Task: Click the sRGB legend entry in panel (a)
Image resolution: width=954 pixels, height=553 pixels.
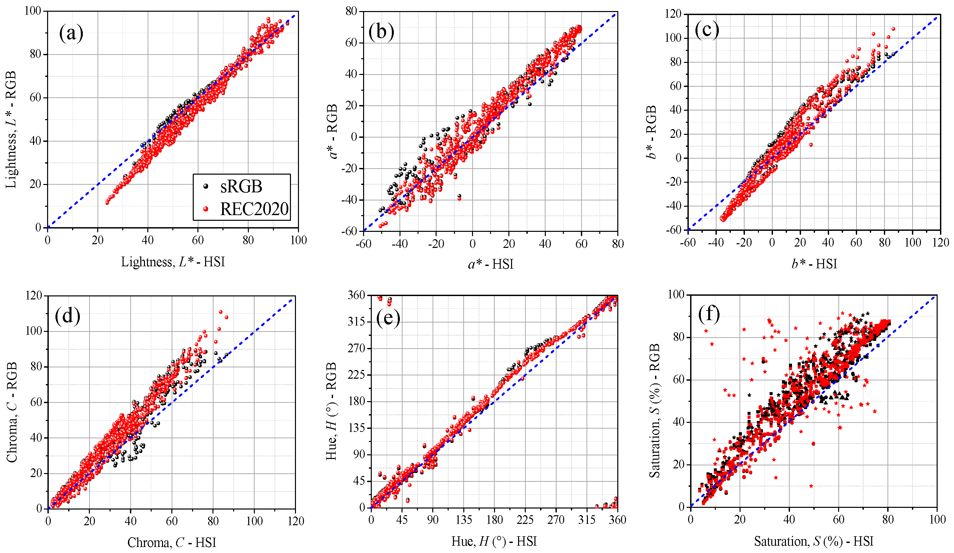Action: (x=241, y=186)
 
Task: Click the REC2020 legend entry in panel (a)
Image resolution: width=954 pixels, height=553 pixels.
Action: (x=254, y=209)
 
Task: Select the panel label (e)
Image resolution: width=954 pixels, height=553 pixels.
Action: (x=388, y=317)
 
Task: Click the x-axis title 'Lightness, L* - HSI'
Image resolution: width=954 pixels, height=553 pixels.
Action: (x=173, y=262)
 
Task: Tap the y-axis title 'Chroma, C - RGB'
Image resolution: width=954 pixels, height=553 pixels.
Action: (x=12, y=412)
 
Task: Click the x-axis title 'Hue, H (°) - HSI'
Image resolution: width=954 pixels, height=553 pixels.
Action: (x=494, y=541)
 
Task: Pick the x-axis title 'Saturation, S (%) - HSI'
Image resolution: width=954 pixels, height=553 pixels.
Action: (x=814, y=541)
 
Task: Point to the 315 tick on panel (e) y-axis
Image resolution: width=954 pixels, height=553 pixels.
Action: (x=356, y=322)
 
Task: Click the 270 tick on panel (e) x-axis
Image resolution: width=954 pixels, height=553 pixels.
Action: (x=556, y=520)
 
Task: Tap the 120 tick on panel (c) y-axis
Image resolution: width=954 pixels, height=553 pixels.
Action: (x=673, y=14)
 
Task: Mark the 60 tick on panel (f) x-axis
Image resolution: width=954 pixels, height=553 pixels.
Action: (x=838, y=519)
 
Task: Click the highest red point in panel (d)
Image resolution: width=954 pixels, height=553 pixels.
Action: (x=221, y=312)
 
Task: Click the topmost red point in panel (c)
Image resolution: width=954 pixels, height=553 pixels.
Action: (x=894, y=29)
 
